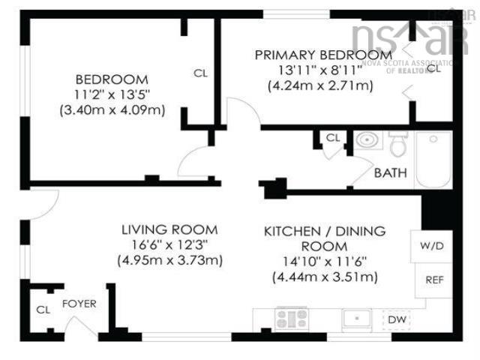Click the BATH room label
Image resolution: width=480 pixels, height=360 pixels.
tap(391, 173)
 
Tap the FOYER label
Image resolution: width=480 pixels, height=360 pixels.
tap(78, 304)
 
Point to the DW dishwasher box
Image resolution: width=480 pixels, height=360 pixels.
tap(397, 320)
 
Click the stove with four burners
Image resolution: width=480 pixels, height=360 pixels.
tap(290, 319)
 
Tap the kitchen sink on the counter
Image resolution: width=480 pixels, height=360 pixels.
tap(358, 319)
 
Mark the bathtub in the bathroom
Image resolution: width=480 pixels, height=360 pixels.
tap(433, 160)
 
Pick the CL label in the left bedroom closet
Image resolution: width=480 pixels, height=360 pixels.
tap(200, 73)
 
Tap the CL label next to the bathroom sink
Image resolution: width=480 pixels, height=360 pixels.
tap(333, 138)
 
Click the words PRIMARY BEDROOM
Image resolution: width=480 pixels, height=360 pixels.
tap(322, 55)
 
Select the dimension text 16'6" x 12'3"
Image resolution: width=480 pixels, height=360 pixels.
tap(170, 245)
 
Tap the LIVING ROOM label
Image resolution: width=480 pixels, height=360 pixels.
tap(170, 229)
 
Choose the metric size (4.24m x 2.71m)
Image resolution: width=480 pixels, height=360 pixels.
tap(320, 85)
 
